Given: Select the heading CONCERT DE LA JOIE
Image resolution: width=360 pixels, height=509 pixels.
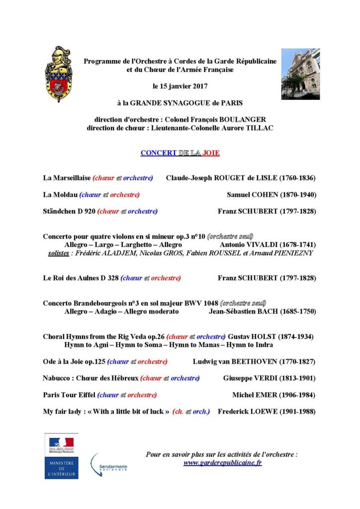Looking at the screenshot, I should [180, 153].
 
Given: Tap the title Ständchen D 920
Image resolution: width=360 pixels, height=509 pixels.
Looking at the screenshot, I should [69, 211].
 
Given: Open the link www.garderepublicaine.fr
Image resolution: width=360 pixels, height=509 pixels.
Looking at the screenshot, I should [223, 462].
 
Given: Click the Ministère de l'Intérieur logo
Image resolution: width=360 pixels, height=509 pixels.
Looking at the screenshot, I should [61, 456].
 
